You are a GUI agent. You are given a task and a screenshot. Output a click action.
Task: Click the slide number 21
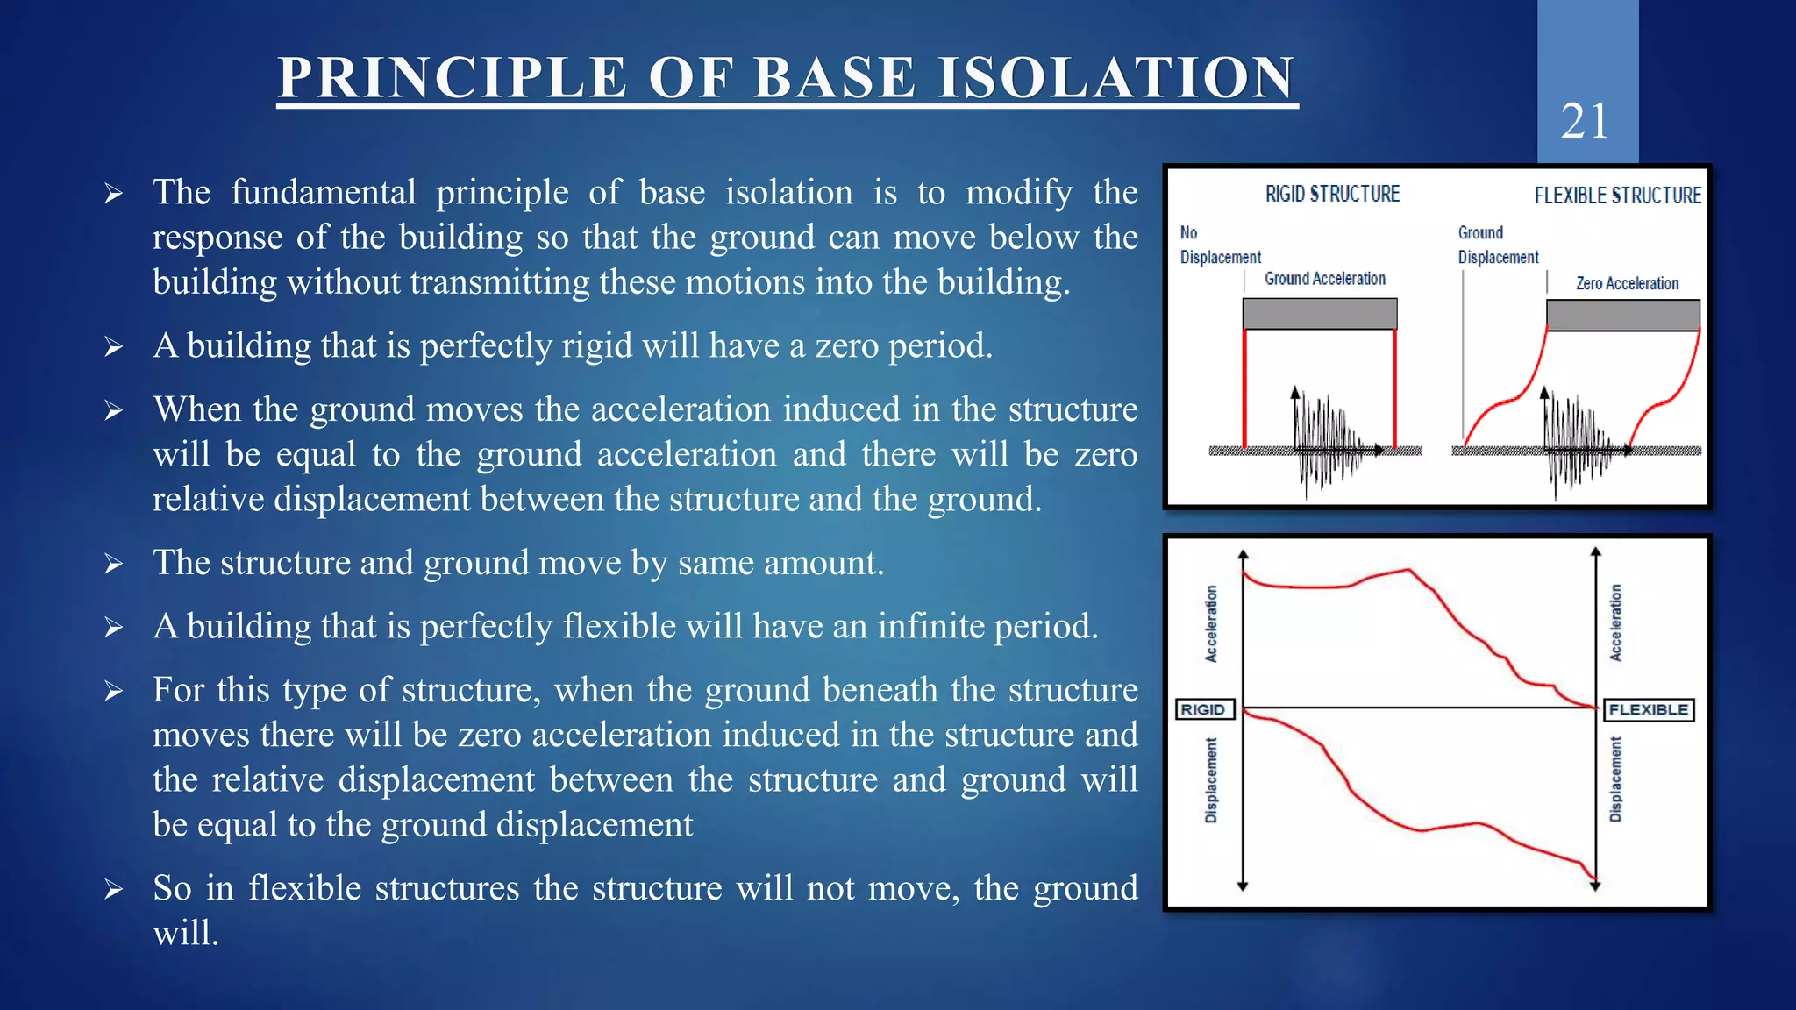click(x=1585, y=121)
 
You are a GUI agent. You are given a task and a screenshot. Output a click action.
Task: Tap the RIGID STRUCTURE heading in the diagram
click(x=1332, y=194)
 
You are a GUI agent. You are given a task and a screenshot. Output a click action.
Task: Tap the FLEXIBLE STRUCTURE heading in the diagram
click(x=1617, y=196)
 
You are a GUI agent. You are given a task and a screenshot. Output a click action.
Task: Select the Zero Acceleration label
click(x=1627, y=283)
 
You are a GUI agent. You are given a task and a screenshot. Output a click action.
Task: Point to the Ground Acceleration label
click(x=1324, y=279)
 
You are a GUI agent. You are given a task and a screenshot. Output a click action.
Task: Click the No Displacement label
click(x=1219, y=245)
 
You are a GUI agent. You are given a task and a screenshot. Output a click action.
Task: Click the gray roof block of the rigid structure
click(x=1320, y=314)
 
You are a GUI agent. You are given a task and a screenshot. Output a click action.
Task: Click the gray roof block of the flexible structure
click(x=1622, y=315)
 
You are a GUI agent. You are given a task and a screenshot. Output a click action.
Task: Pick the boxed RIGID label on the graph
click(x=1203, y=709)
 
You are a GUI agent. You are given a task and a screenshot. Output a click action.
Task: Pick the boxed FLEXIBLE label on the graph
click(x=1648, y=709)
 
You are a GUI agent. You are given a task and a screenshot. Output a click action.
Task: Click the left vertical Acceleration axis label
click(x=1211, y=623)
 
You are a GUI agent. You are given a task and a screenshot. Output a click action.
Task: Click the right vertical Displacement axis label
click(x=1615, y=779)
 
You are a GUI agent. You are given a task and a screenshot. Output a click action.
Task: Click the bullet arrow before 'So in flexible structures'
click(x=113, y=890)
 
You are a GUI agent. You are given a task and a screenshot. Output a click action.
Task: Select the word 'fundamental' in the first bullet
click(x=323, y=192)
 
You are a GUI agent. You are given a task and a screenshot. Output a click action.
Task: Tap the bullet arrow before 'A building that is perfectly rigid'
click(x=113, y=347)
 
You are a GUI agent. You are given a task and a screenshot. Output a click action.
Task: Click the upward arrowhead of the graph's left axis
click(x=1243, y=555)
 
